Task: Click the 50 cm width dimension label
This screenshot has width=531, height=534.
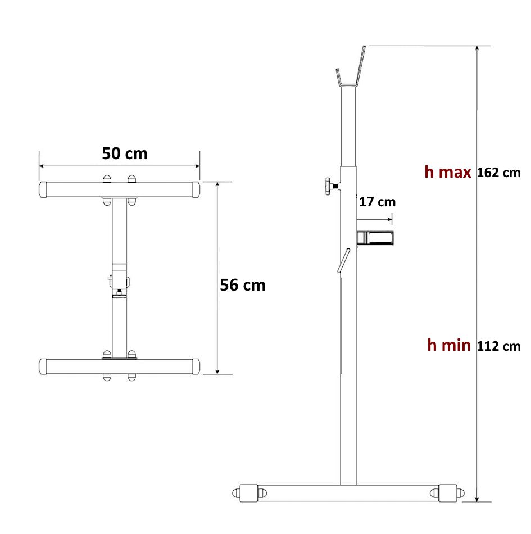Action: click(x=125, y=153)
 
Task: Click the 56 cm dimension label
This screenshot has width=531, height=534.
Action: click(x=242, y=285)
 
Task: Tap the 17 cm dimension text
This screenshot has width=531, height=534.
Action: click(x=377, y=202)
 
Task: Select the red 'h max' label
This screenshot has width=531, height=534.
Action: click(x=447, y=172)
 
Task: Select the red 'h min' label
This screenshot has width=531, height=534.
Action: click(x=448, y=345)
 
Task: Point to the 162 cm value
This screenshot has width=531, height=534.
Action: click(x=498, y=173)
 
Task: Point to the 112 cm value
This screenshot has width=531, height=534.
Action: click(x=498, y=346)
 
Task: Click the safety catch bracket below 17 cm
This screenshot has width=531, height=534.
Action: click(x=376, y=238)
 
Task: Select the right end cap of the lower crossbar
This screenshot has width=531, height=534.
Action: click(x=195, y=366)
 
